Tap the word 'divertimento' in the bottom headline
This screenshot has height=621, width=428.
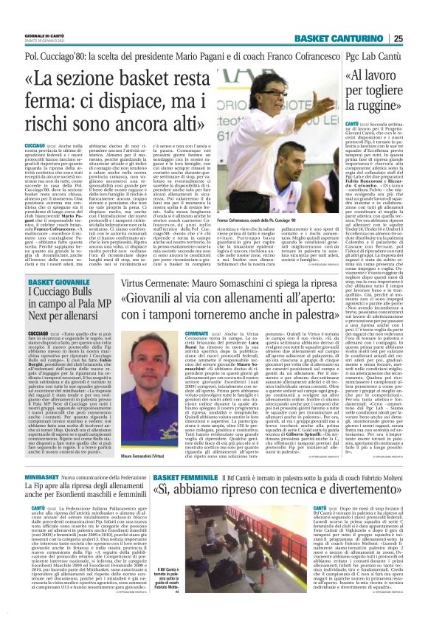click(354, 493)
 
